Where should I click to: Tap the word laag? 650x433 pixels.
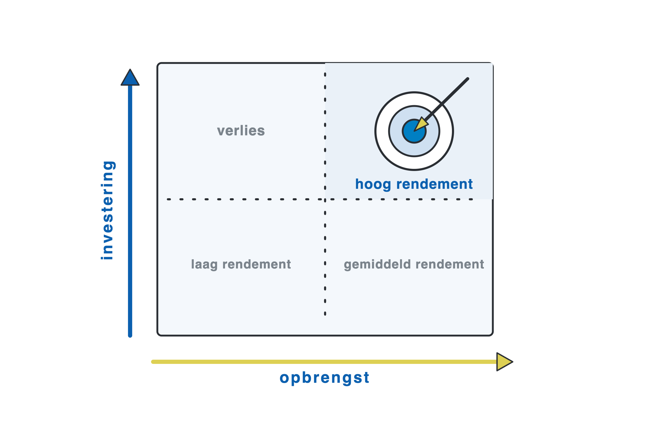[x=204, y=264]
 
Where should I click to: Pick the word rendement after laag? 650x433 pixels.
[x=256, y=264]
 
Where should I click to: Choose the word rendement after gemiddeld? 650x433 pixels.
[x=450, y=264]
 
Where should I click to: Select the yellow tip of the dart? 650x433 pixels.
[x=414, y=131]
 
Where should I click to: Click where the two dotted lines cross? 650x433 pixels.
[x=325, y=199]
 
